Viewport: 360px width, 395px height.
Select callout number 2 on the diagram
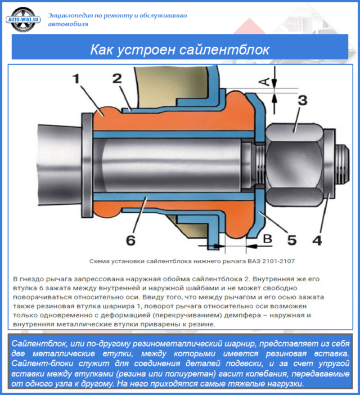coord(116,79)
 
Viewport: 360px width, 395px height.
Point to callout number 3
coord(302,102)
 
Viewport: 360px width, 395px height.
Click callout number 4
coord(317,240)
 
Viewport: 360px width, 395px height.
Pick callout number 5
coord(292,240)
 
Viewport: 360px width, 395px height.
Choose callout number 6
coord(130,241)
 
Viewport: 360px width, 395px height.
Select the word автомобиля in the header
coord(68,25)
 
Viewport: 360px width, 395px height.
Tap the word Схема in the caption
coord(101,262)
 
